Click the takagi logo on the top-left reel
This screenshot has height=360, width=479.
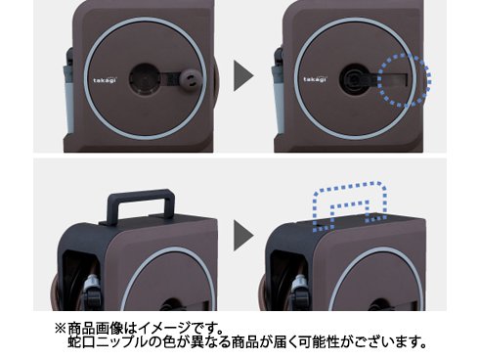click(105, 80)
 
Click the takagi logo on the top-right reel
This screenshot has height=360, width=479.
click(316, 79)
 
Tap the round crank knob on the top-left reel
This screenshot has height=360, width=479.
click(192, 79)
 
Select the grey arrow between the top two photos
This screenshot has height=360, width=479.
click(243, 76)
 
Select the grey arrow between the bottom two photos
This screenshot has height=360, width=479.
click(243, 235)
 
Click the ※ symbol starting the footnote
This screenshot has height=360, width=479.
click(61, 328)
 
